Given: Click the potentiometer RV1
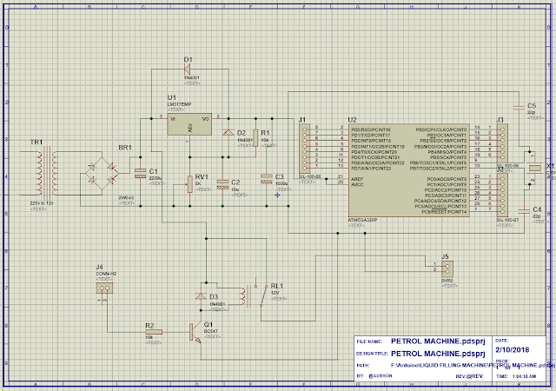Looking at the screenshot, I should click(x=188, y=183).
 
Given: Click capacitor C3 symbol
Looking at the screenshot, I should click(x=267, y=183).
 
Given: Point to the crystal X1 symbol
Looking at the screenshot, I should click(x=531, y=173).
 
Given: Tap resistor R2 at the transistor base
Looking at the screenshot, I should click(x=150, y=331).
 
